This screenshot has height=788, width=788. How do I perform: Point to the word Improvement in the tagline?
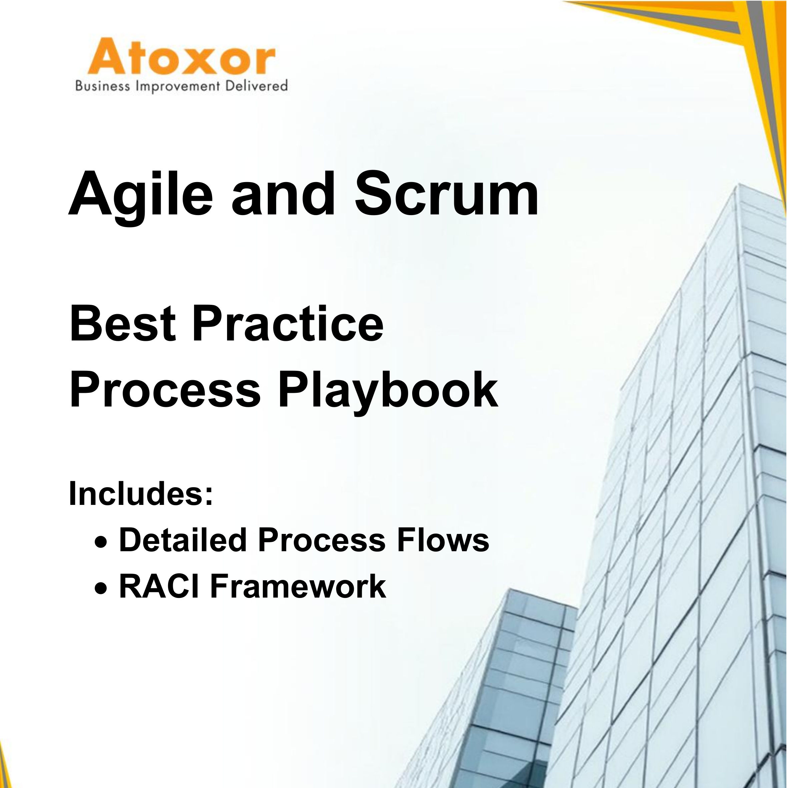[179, 86]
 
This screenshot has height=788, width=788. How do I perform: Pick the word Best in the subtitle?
[123, 326]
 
